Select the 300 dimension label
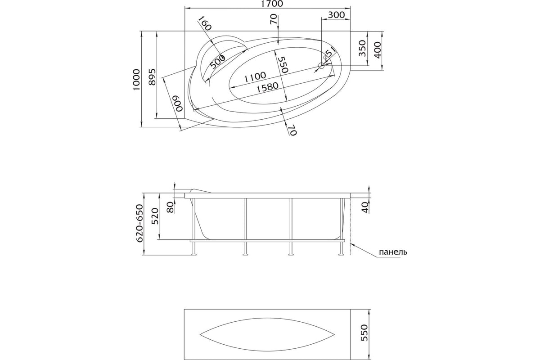coord(336,15)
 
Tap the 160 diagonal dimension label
coord(204,23)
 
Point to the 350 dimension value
coord(363,48)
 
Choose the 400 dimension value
coord(378,50)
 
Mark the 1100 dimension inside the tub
coord(255,76)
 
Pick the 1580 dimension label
coord(267,87)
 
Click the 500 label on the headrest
coord(217,62)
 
